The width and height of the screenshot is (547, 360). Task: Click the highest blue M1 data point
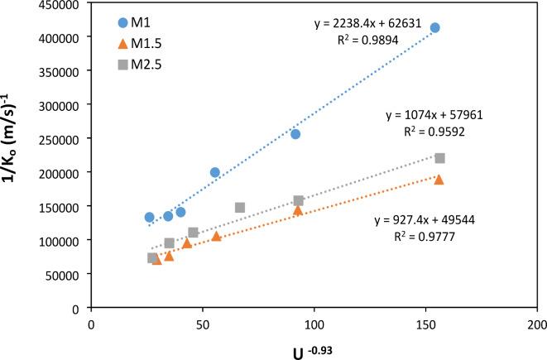click(x=434, y=27)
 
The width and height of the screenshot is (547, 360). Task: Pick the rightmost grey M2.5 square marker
click(x=439, y=158)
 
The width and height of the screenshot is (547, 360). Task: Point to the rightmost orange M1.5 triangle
click(x=439, y=180)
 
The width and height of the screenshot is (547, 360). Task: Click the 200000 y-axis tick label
click(x=64, y=172)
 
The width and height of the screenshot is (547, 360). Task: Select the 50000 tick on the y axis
click(x=67, y=274)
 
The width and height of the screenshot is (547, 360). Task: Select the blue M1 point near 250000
click(x=295, y=134)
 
